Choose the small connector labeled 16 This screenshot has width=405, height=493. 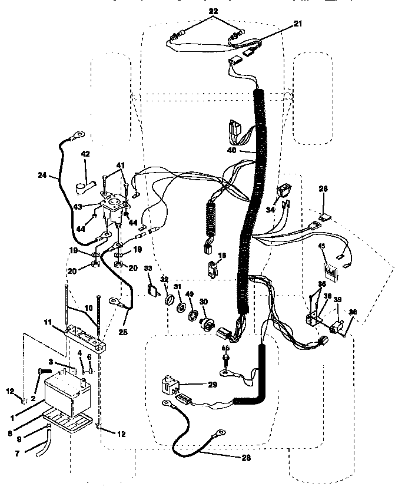coord(212,270)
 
